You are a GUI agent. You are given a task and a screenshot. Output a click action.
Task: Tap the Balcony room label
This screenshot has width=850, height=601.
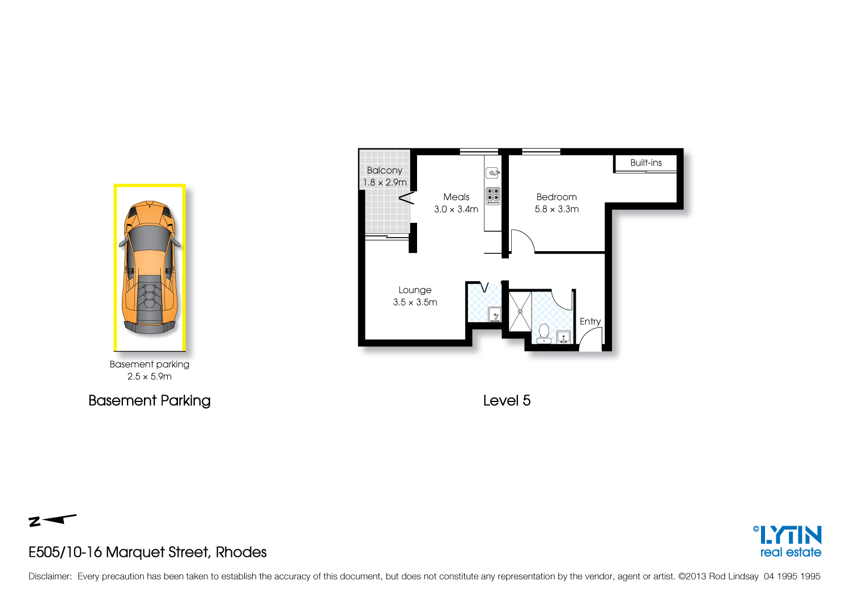click(384, 170)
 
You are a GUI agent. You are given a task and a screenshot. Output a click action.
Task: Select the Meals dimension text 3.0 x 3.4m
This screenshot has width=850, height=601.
click(456, 209)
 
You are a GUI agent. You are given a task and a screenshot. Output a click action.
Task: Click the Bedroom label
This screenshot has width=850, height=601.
click(556, 197)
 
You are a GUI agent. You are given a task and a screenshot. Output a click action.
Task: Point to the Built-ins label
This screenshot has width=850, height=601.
click(646, 163)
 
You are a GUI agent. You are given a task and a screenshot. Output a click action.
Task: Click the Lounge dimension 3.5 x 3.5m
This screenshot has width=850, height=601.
click(415, 302)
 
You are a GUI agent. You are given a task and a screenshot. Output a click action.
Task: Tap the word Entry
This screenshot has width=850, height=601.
click(590, 321)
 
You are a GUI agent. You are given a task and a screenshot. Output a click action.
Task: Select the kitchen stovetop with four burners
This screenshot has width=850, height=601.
click(493, 196)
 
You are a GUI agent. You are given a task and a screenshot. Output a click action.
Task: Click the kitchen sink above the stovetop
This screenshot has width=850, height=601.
click(493, 172)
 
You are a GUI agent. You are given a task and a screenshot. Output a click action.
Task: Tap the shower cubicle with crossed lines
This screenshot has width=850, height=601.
click(520, 311)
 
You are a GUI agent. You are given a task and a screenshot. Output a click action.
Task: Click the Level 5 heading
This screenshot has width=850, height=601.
click(507, 400)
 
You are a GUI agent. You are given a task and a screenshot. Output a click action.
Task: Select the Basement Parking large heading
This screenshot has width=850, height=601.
click(150, 400)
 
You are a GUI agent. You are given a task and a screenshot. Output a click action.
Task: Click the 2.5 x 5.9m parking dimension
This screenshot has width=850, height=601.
click(150, 376)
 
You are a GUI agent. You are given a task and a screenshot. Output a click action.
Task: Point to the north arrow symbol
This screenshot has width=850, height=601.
click(52, 520)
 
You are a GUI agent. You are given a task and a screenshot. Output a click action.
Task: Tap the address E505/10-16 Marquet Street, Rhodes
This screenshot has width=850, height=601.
click(147, 552)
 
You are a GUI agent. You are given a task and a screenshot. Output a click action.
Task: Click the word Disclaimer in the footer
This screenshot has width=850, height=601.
click(50, 576)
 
